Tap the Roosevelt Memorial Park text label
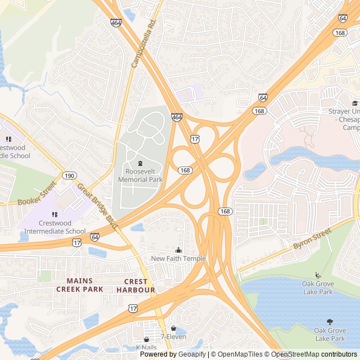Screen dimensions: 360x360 140,175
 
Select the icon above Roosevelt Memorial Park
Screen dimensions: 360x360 140,163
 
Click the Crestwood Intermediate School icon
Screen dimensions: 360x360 55,214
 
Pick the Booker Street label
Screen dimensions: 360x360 37,193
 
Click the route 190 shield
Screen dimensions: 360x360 69,175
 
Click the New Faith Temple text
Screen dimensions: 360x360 178,259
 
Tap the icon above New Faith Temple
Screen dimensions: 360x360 179,250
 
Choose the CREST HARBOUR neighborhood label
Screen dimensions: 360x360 136,286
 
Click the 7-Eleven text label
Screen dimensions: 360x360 173,337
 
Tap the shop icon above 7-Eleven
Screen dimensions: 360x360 173,328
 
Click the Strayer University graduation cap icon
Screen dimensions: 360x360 355,103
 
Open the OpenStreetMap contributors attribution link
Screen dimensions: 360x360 315,354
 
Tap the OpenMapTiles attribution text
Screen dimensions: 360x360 240,354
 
